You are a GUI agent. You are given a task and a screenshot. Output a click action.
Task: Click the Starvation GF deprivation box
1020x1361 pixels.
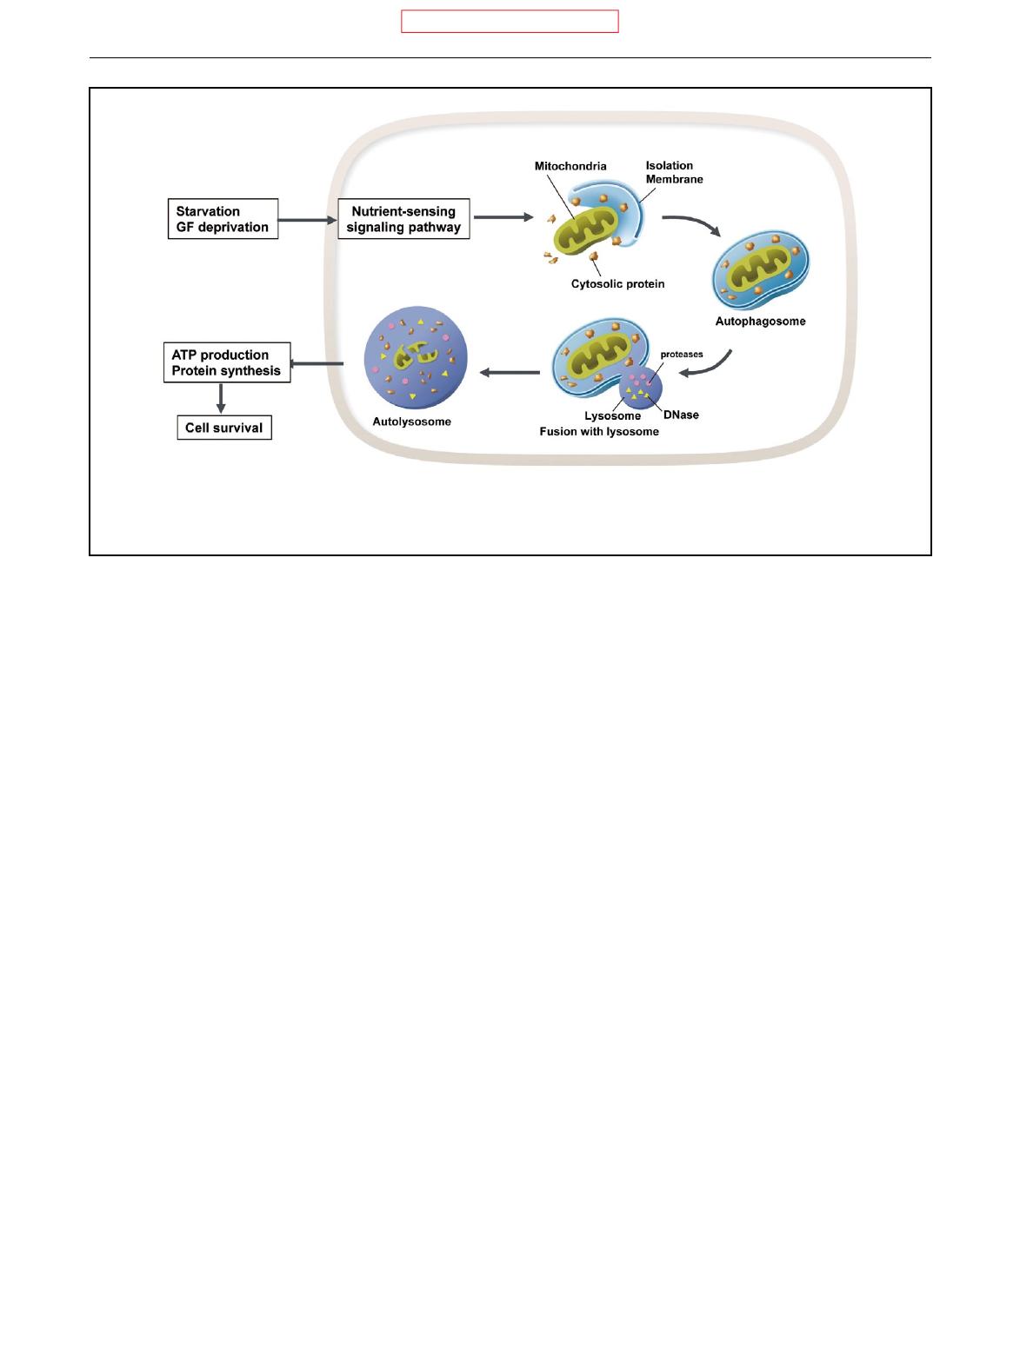pos(223,219)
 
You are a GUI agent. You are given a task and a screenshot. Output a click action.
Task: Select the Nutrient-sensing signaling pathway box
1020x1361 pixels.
pos(403,220)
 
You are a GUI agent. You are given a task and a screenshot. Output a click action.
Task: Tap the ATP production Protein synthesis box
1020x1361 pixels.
pos(226,363)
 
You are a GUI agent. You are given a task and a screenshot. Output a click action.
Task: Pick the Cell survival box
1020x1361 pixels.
pos(224,428)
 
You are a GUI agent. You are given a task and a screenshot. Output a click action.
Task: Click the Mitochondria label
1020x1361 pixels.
pos(570,165)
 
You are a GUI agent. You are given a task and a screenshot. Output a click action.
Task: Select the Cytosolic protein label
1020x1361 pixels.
pos(617,283)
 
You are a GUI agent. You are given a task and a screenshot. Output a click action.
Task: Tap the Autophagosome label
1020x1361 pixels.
pos(760,321)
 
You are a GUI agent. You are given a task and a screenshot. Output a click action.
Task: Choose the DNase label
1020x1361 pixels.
pos(681,415)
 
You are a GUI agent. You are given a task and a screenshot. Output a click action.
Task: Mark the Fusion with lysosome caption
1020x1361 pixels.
pos(599,431)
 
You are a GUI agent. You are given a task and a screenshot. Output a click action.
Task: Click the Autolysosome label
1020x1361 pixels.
pos(406,422)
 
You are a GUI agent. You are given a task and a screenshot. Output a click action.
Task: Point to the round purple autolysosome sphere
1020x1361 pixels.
pos(416,358)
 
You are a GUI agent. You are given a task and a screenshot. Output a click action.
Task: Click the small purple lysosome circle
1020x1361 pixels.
pos(641,388)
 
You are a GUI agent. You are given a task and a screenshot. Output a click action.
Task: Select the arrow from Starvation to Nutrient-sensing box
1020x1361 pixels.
pos(308,220)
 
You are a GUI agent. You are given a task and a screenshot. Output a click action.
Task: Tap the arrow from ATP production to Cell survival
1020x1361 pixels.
pos(221,399)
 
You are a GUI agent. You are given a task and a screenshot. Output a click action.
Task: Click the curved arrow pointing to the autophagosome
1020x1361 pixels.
pos(692,224)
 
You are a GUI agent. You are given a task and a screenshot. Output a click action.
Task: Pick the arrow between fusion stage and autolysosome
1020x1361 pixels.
pos(510,373)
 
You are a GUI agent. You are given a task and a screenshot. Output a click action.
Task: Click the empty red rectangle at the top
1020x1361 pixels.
pos(510,22)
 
